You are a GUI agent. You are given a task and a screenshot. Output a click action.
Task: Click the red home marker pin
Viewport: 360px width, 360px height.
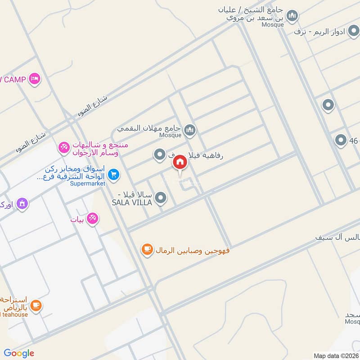pyautogui.click(x=180, y=162)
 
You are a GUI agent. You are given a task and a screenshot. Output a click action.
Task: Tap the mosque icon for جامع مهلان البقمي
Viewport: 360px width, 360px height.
pyautogui.click(x=190, y=130)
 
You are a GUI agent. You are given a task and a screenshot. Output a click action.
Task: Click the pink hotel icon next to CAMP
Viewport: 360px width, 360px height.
pyautogui.click(x=34, y=79)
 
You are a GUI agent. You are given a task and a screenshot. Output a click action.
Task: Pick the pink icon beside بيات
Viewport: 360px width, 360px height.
pyautogui.click(x=93, y=219)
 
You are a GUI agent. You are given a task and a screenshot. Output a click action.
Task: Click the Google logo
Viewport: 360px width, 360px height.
pyautogui.click(x=19, y=353)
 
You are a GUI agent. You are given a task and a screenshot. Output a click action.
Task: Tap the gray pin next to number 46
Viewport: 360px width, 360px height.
pyautogui.click(x=341, y=140)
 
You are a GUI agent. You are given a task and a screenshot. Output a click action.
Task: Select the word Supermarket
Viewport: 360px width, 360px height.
pyautogui.click(x=88, y=184)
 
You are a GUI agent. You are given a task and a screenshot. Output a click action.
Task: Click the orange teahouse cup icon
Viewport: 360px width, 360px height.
pyautogui.click(x=36, y=306)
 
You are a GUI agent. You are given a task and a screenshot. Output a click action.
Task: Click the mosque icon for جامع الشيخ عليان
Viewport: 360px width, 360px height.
pyautogui.click(x=292, y=16)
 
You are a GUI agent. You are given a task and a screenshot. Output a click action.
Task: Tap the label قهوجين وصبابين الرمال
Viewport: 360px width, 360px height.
pyautogui.click(x=193, y=250)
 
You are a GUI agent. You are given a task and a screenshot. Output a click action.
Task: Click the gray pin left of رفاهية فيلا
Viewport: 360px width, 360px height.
pyautogui.click(x=159, y=155)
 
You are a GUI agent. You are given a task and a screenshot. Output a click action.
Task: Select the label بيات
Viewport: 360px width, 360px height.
pyautogui.click(x=78, y=220)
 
